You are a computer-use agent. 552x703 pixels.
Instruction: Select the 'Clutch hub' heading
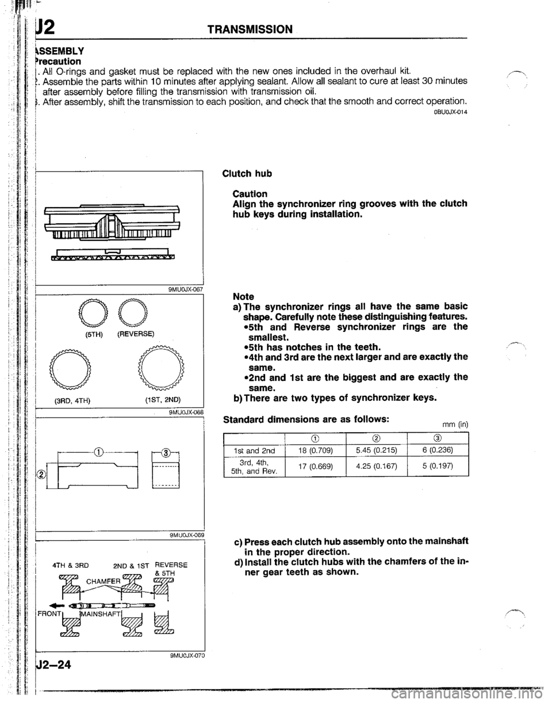pos(247,173)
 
